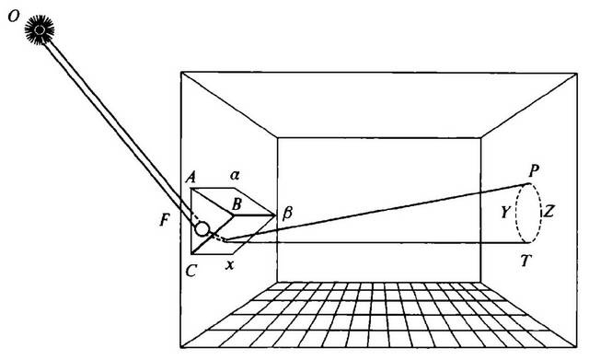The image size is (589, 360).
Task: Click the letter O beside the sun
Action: [14, 17]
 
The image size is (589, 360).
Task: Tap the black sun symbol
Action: [40, 30]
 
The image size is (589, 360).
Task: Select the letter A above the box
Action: [191, 176]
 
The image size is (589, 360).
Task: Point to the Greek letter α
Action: [235, 175]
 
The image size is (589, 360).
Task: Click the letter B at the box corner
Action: [237, 204]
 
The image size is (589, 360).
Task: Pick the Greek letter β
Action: [286, 213]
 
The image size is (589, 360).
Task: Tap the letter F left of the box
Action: [164, 220]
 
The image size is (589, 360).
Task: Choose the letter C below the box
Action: [191, 270]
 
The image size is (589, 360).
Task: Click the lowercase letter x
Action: [229, 265]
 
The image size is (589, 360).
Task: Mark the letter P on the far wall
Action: [534, 171]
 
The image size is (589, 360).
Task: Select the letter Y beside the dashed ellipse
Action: [506, 213]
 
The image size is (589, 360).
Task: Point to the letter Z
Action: [549, 213]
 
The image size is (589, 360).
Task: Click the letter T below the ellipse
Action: [525, 260]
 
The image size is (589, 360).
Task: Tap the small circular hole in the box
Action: [202, 228]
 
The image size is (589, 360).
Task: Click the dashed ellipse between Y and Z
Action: [515, 213]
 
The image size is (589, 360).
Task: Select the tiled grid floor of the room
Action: [378, 315]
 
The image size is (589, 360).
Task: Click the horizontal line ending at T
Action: [377, 242]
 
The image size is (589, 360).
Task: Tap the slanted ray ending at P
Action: [377, 211]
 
